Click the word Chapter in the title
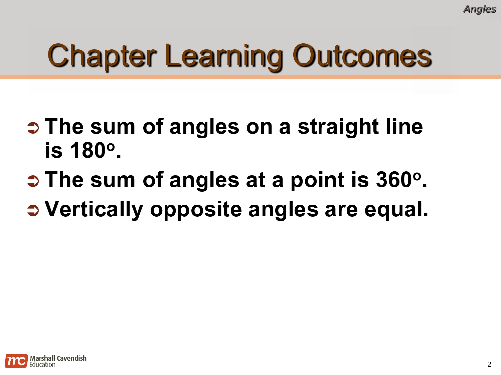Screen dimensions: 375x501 102,56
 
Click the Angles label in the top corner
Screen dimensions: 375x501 480,9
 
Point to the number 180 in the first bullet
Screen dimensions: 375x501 88,150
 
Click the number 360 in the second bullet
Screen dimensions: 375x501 394,180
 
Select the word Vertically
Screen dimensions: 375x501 94,210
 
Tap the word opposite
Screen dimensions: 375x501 196,210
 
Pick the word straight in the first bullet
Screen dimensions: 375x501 338,127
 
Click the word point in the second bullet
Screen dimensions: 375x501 317,180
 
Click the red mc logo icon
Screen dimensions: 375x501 16,361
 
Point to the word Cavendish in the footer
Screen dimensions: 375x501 71,358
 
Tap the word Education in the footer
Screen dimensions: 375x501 42,365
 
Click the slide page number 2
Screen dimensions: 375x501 489,364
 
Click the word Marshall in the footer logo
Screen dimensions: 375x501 43,358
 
